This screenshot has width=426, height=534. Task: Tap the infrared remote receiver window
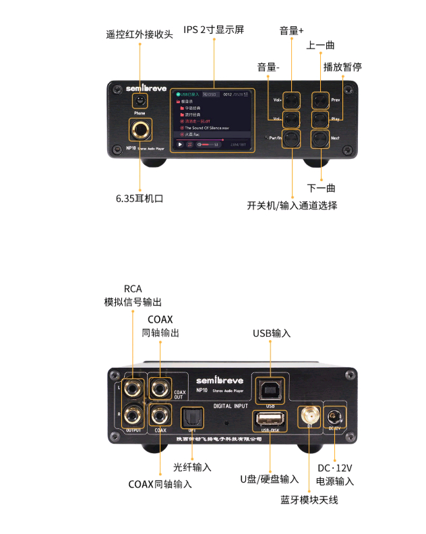coord(140,101)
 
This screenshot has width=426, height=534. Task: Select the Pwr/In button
coord(292,138)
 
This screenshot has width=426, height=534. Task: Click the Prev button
coord(319,100)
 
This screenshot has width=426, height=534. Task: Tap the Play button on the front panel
coord(319,119)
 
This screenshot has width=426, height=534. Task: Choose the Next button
coord(319,138)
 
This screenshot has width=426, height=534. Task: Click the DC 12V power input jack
coord(335,414)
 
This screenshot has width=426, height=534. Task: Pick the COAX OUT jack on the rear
coord(160,388)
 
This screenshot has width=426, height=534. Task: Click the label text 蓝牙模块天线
coord(309,500)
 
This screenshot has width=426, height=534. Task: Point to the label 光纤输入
coord(192,467)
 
